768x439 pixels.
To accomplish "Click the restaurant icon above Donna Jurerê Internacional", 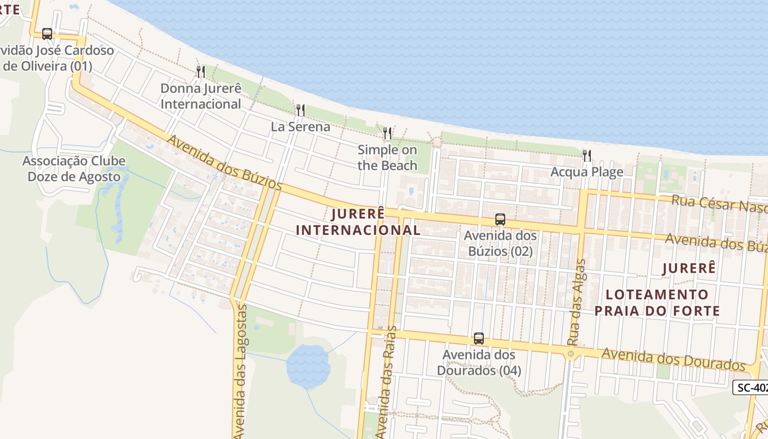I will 201,72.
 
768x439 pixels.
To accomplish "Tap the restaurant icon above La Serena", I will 300,110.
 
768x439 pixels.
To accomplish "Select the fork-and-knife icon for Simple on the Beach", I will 387,133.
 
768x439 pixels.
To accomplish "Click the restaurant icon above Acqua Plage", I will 587,156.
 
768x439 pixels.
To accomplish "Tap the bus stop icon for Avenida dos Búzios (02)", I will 500,219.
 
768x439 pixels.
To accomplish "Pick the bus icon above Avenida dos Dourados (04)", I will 479,339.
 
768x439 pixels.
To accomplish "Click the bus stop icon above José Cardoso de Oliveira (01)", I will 47,34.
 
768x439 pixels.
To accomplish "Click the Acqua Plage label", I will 587,172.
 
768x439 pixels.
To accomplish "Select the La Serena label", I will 301,127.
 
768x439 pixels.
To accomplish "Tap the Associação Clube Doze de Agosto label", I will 74,169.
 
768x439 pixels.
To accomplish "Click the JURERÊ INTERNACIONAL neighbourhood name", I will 358,222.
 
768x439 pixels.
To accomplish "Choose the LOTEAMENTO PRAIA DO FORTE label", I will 657,303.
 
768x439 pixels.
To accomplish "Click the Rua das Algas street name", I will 577,302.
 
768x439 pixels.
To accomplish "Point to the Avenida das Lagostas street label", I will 240,371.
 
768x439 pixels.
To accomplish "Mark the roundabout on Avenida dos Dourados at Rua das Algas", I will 571,354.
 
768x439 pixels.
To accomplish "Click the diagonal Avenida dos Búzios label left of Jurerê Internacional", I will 224,163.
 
